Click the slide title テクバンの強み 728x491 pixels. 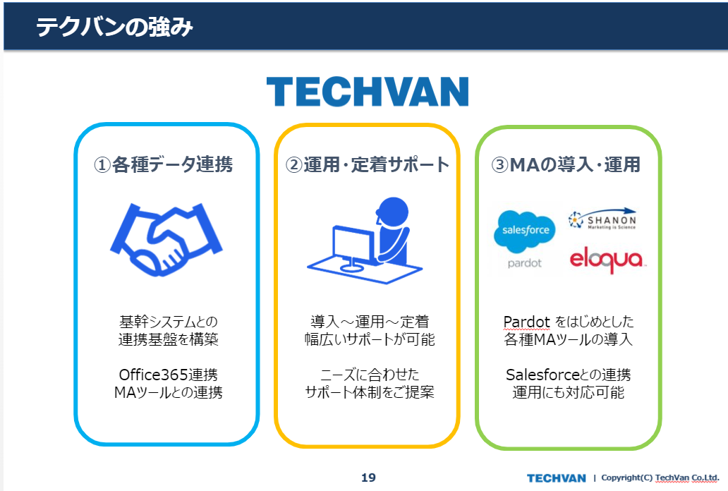click(114, 27)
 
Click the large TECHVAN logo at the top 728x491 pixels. click(368, 92)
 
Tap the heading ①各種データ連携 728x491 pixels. click(164, 164)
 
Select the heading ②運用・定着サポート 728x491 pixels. click(368, 164)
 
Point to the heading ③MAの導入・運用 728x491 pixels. click(566, 164)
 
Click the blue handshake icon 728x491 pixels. click(166, 239)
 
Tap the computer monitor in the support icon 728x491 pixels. click(354, 247)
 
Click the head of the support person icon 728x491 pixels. click(393, 212)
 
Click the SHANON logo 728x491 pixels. click(602, 219)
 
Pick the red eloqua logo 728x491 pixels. click(607, 260)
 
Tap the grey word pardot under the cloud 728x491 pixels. click(525, 263)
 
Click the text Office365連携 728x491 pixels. click(168, 375)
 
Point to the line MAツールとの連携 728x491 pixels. click(168, 392)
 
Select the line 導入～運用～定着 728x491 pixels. click(370, 322)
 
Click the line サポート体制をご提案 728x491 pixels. click(370, 392)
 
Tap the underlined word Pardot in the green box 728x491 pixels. click(526, 322)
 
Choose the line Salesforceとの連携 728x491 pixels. click(569, 375)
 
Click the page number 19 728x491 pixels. click(369, 478)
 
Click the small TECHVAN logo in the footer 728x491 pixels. click(556, 478)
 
